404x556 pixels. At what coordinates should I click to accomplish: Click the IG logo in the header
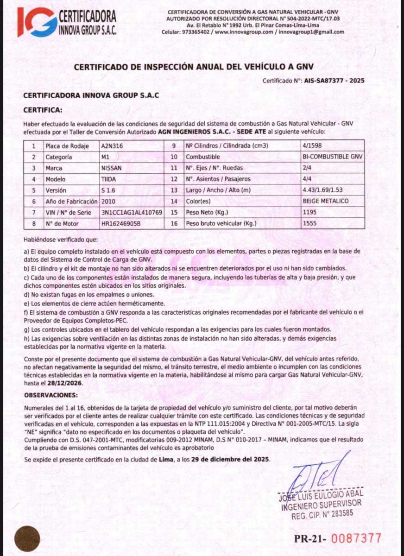click(37, 22)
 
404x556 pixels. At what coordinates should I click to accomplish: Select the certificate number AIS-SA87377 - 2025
click(334, 81)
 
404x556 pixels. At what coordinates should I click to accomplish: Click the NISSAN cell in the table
click(112, 168)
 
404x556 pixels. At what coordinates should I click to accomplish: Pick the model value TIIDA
click(109, 179)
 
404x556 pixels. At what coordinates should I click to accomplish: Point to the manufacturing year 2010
click(108, 202)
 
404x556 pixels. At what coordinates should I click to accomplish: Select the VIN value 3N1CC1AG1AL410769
click(132, 213)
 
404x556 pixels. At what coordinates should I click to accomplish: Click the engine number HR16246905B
click(120, 224)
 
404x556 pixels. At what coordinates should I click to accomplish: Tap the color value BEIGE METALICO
click(325, 202)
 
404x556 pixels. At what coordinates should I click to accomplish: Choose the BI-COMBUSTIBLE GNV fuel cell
click(332, 157)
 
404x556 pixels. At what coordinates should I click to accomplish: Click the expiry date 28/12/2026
click(65, 384)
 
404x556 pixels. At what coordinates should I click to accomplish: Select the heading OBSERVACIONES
click(51, 395)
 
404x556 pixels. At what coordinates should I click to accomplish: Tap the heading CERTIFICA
click(42, 110)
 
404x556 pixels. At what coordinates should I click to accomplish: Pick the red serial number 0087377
click(356, 538)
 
